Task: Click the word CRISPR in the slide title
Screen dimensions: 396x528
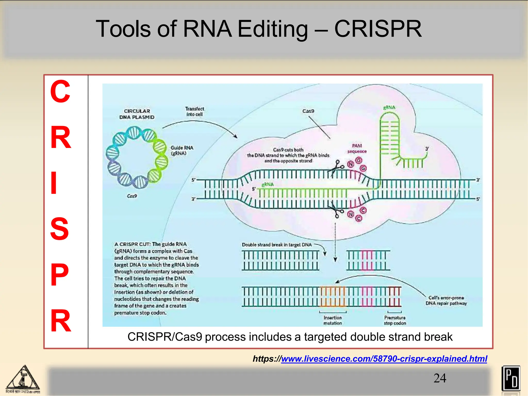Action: (378, 29)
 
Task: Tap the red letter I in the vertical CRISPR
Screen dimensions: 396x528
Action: (54, 183)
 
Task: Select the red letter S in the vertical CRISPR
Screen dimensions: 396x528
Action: (59, 229)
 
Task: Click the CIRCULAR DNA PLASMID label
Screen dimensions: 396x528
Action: (137, 114)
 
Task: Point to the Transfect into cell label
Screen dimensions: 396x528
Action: (194, 111)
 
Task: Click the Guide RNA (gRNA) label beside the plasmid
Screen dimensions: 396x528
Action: (182, 150)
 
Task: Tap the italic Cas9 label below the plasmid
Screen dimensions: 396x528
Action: (132, 196)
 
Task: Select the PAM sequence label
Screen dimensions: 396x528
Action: (357, 148)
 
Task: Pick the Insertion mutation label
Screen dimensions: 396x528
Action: (333, 320)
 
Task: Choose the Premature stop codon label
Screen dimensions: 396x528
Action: (395, 320)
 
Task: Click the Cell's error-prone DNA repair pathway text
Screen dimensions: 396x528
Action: (446, 301)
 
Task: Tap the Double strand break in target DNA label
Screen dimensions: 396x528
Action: (277, 245)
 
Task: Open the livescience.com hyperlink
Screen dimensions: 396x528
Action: (384, 359)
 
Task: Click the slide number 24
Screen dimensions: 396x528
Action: (440, 378)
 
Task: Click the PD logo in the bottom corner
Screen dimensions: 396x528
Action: (511, 378)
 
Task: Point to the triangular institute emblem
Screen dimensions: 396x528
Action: (23, 378)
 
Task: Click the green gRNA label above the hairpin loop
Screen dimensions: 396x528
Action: (389, 107)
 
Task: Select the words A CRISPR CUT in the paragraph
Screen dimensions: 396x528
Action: (132, 244)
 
